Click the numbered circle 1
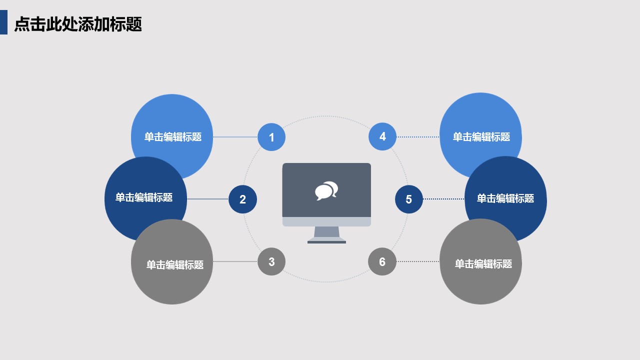271,137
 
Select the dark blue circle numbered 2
242,199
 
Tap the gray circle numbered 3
271,261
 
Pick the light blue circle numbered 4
382,136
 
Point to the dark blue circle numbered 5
408,199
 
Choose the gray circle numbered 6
382,261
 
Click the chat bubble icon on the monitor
326,190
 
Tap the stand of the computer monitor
326,234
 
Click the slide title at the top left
78,24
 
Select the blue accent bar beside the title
3,22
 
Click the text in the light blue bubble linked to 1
173,137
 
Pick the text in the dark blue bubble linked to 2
144,197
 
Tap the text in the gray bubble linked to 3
175,265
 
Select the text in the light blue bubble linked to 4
481,137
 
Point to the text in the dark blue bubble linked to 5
505,198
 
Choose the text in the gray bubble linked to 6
483,264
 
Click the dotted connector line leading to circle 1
235,137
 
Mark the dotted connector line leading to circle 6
418,261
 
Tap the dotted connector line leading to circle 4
418,137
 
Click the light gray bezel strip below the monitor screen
326,221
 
